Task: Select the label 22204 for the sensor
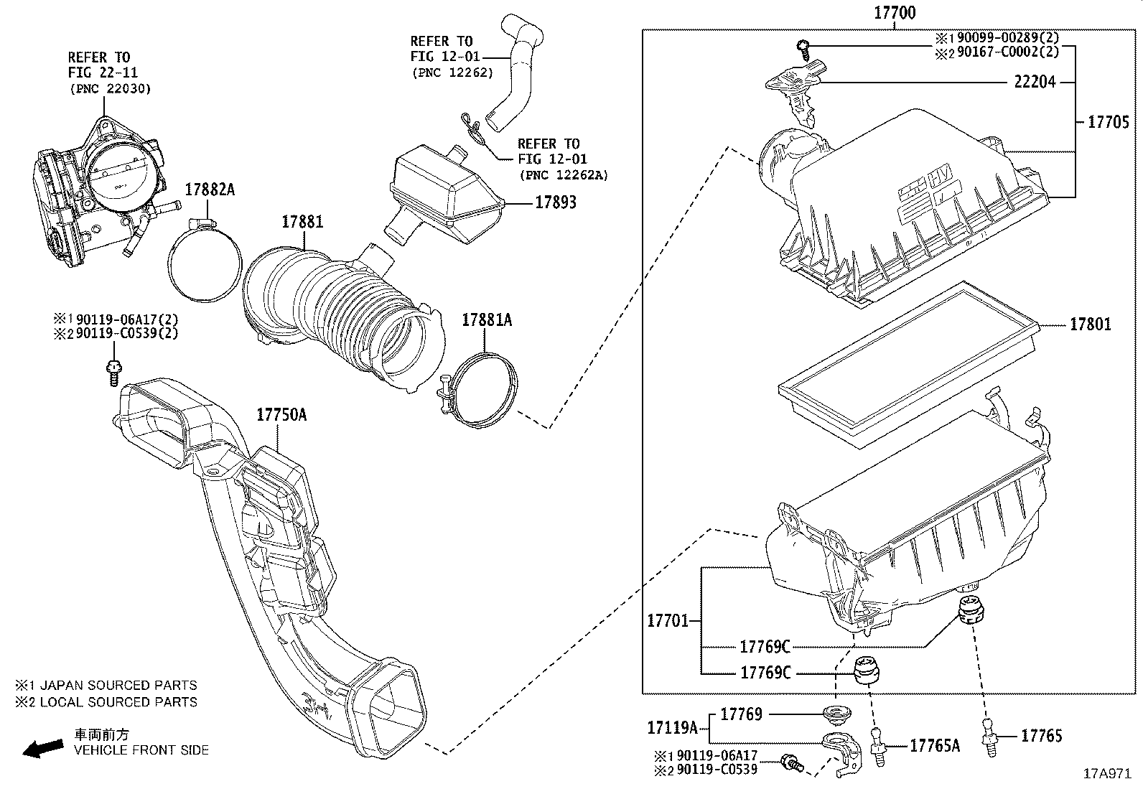point(1035,82)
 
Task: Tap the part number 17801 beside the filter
point(1090,325)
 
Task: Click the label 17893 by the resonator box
point(555,202)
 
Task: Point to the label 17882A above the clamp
point(210,190)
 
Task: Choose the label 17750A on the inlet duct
point(281,415)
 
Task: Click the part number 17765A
point(934,746)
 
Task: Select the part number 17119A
point(672,728)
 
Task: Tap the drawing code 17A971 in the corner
point(1107,775)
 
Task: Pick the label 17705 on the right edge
point(1109,122)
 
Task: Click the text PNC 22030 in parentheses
point(111,89)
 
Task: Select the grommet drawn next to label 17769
point(834,714)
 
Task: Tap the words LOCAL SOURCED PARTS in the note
point(118,702)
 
